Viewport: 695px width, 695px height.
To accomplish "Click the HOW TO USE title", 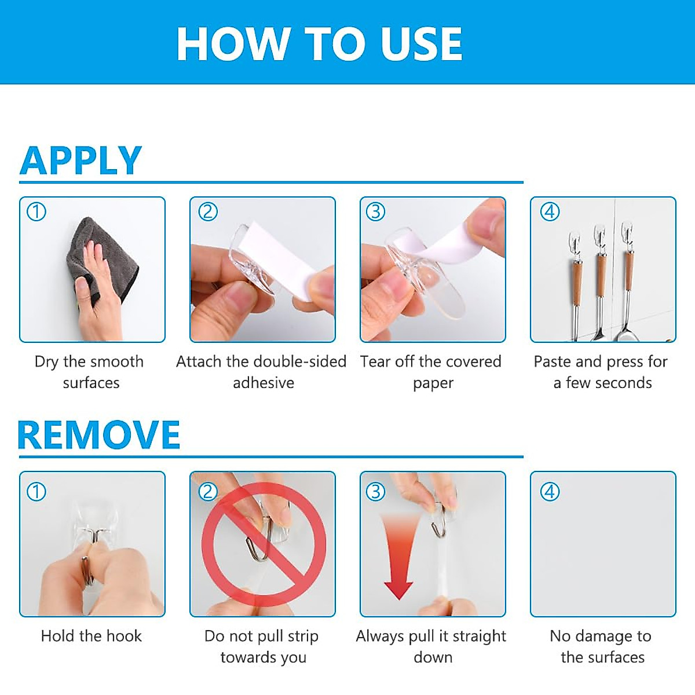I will pyautogui.click(x=319, y=44).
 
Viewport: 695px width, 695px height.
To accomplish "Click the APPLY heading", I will pyautogui.click(x=81, y=160).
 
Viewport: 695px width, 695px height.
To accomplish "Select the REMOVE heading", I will pyautogui.click(x=98, y=435).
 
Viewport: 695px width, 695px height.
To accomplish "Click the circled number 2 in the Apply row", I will pyautogui.click(x=208, y=212).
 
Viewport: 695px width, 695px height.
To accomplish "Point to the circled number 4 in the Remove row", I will pyautogui.click(x=550, y=492).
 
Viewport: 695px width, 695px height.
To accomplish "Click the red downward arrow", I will pyautogui.click(x=398, y=556).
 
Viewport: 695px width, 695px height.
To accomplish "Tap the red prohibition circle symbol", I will pyautogui.click(x=264, y=544).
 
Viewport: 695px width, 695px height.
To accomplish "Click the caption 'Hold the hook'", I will pyautogui.click(x=92, y=636).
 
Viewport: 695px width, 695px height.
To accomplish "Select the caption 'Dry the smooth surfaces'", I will pyautogui.click(x=90, y=372).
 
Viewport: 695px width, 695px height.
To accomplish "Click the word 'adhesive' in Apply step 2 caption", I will pyautogui.click(x=264, y=383).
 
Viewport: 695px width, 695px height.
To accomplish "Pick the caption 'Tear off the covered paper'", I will pyautogui.click(x=431, y=372).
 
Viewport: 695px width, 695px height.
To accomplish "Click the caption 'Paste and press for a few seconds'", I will pyautogui.click(x=601, y=372).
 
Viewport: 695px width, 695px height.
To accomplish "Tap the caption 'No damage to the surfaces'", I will pyautogui.click(x=601, y=646).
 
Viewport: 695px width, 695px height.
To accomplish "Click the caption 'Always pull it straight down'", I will pyautogui.click(x=431, y=646).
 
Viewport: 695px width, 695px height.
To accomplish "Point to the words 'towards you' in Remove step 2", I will pyautogui.click(x=264, y=657).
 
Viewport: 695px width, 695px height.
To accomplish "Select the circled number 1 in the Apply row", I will pyautogui.click(x=36, y=212).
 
